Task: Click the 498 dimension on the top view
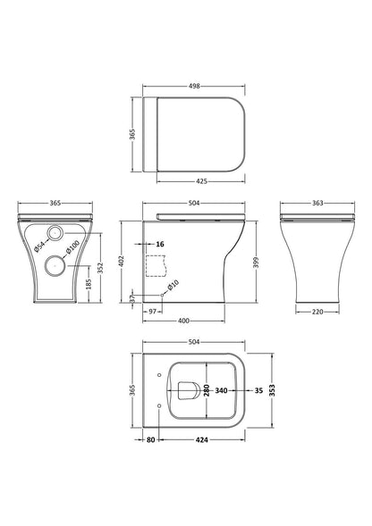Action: pyautogui.click(x=194, y=88)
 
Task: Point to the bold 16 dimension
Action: pyautogui.click(x=161, y=243)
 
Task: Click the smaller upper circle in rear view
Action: pyautogui.click(x=57, y=232)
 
